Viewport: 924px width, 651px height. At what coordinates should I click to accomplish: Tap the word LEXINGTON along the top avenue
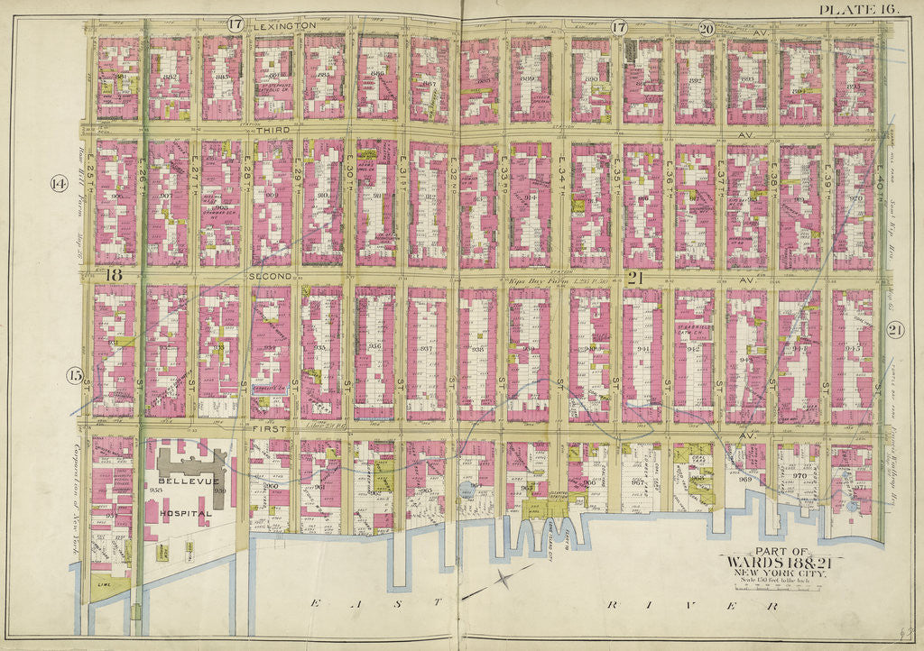284,26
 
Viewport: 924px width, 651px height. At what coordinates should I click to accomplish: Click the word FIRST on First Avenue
269,429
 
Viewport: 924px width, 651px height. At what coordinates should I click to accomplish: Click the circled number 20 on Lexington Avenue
706,27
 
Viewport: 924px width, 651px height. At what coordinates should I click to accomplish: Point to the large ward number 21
634,278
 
